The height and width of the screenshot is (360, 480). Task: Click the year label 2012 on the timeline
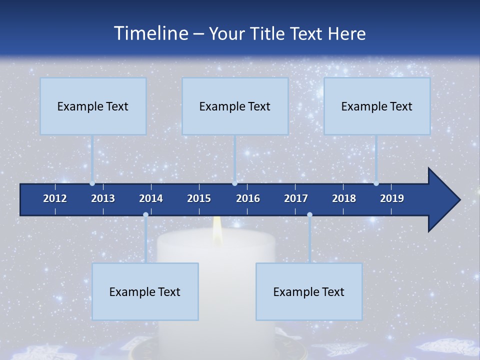click(55, 198)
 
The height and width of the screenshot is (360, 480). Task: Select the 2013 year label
click(103, 198)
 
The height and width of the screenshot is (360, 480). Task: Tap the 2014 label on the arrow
click(151, 198)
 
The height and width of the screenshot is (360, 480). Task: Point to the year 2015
click(199, 198)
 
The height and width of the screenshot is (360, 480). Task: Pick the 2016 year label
click(248, 198)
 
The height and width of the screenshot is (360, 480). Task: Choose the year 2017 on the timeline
click(296, 198)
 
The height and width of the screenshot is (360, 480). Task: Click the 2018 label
click(344, 198)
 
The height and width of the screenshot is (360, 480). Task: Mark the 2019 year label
click(392, 198)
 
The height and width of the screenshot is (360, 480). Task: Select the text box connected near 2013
click(93, 106)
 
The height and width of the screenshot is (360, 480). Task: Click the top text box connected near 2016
click(235, 106)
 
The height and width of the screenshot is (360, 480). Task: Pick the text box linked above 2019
click(377, 106)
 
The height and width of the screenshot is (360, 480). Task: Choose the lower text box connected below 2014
click(145, 291)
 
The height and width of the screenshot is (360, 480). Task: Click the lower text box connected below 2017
click(309, 291)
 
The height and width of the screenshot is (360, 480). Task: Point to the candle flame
click(217, 231)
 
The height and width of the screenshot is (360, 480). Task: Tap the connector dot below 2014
click(145, 214)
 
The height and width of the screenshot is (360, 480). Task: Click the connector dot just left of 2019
click(376, 183)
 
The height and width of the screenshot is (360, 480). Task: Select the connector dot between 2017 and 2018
click(309, 214)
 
